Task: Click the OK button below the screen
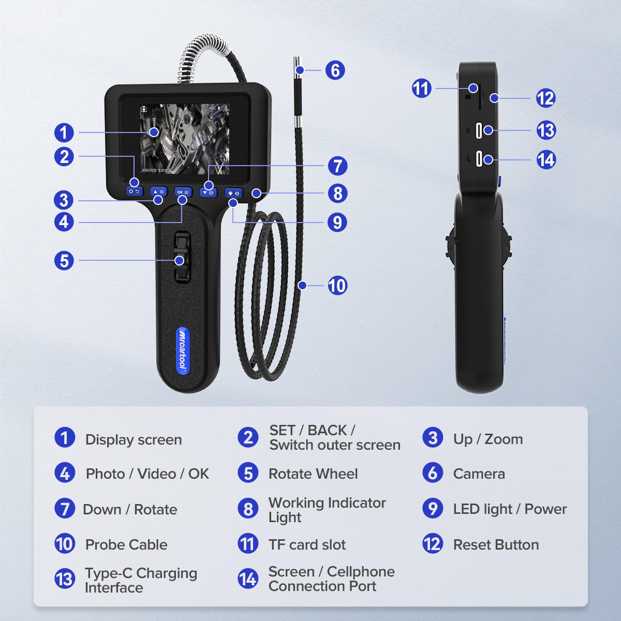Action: click(x=183, y=192)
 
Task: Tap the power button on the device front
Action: click(x=234, y=193)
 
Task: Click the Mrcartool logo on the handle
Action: click(x=183, y=350)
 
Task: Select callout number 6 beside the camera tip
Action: click(x=335, y=70)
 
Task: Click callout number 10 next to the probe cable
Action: click(x=337, y=285)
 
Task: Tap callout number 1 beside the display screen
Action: click(x=64, y=132)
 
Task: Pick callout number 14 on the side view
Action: click(x=546, y=159)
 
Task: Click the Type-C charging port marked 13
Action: click(x=479, y=130)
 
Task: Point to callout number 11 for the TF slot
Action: click(x=421, y=88)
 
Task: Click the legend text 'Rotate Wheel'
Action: click(x=313, y=474)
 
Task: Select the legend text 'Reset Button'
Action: click(x=496, y=544)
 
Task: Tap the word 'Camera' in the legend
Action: click(x=479, y=474)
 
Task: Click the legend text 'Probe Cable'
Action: click(x=126, y=544)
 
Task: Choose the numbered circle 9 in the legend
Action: click(x=433, y=509)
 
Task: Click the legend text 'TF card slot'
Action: click(x=307, y=544)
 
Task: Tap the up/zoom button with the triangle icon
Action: click(x=158, y=192)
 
